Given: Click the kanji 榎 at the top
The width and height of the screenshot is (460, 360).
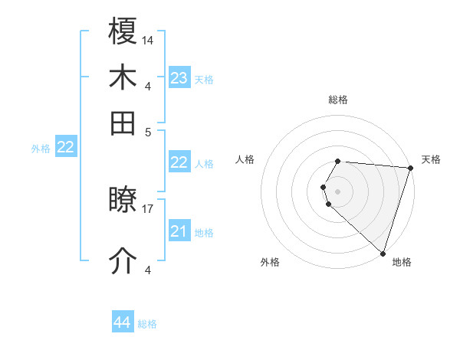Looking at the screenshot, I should click(x=123, y=32).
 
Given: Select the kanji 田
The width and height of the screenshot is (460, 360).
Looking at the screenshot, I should click(x=123, y=123).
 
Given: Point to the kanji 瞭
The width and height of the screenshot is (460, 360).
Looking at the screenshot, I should click(x=123, y=201).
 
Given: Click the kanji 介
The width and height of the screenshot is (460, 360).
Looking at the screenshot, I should click(x=123, y=260).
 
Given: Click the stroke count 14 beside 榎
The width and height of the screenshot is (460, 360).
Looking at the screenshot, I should click(x=148, y=40).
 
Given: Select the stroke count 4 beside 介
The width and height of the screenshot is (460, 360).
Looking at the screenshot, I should click(x=148, y=270).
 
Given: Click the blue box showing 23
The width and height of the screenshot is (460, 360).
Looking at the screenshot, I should click(x=179, y=77).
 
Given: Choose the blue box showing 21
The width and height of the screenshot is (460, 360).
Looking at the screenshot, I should click(x=179, y=231).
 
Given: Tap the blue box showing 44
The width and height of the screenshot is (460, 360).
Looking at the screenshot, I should click(x=122, y=322).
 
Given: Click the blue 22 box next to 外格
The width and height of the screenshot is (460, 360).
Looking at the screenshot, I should click(x=65, y=147).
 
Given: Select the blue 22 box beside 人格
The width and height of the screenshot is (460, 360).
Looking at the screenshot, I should click(x=179, y=162).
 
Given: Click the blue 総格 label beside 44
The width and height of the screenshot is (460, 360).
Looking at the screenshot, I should click(x=147, y=324).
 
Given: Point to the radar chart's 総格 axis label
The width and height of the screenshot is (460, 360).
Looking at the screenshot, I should click(x=338, y=100).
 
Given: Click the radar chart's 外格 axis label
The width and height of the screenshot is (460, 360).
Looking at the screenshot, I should click(x=270, y=263).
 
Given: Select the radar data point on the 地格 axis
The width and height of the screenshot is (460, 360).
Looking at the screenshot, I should click(x=383, y=254).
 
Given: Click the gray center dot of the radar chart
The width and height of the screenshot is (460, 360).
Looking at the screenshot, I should click(x=338, y=190).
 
